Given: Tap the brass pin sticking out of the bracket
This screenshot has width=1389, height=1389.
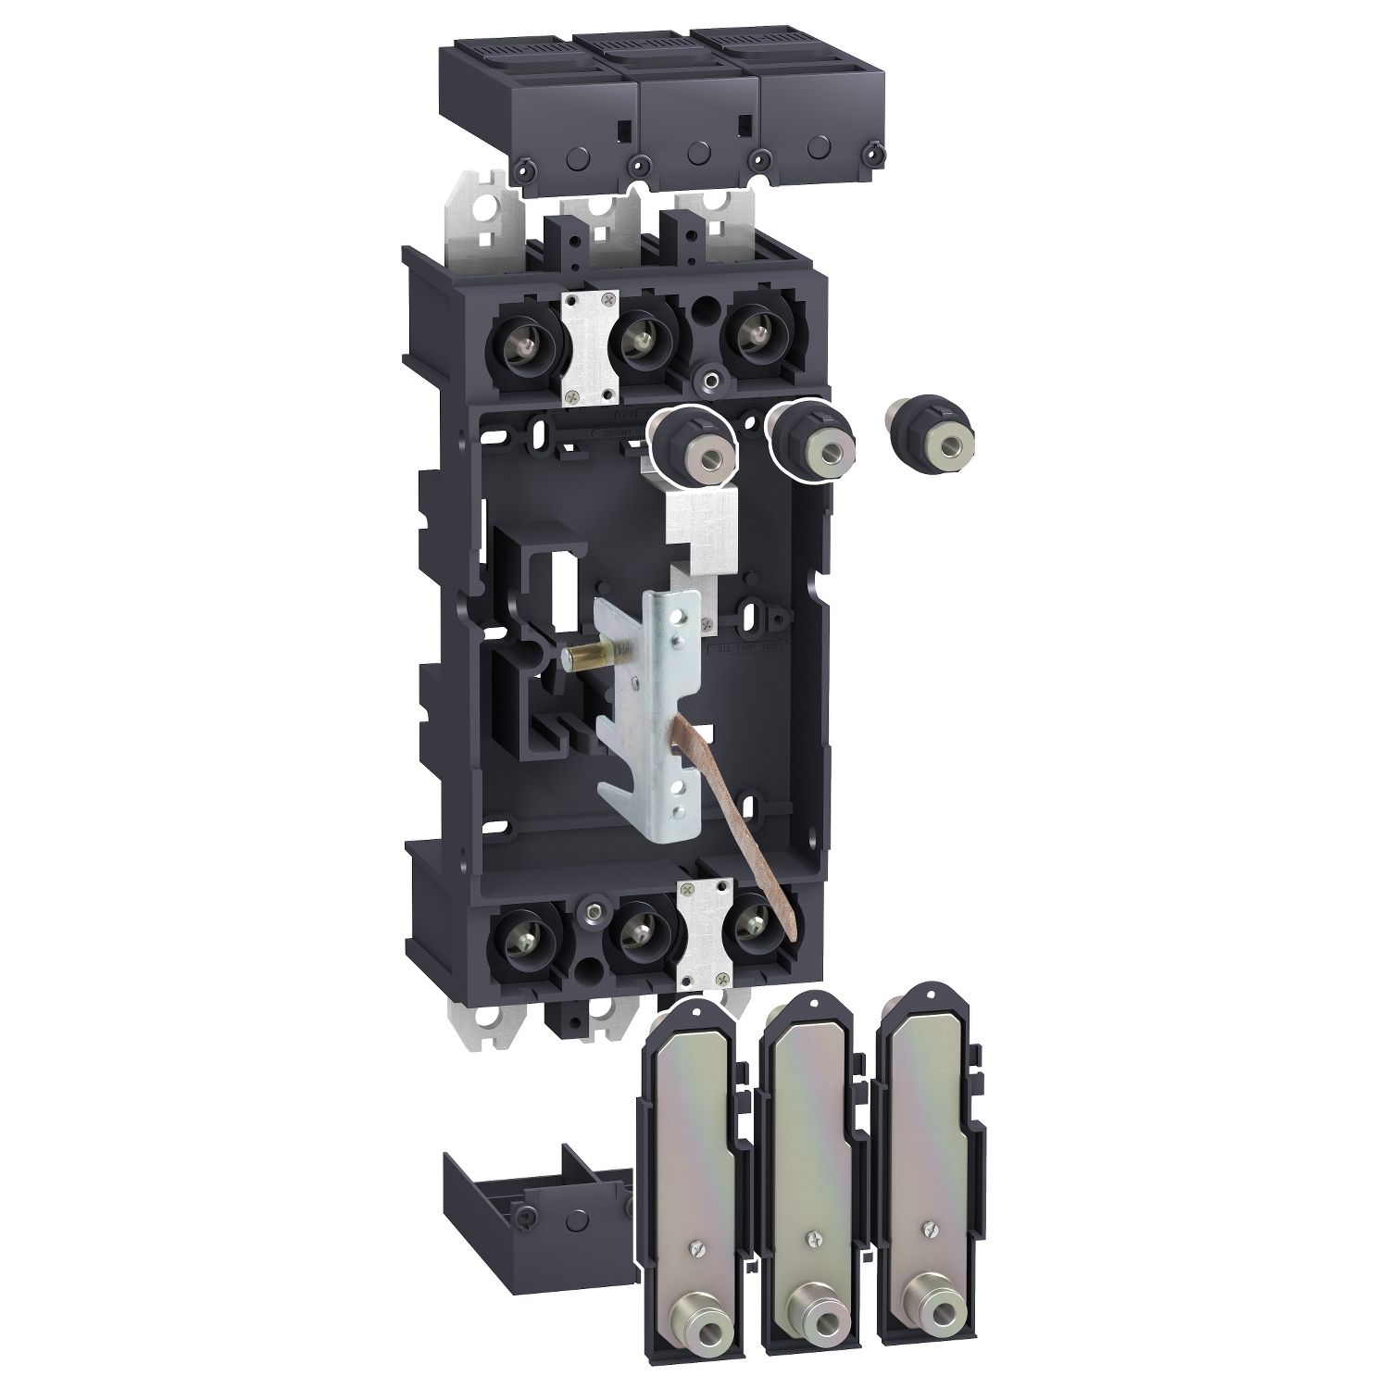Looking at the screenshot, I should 583,658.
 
